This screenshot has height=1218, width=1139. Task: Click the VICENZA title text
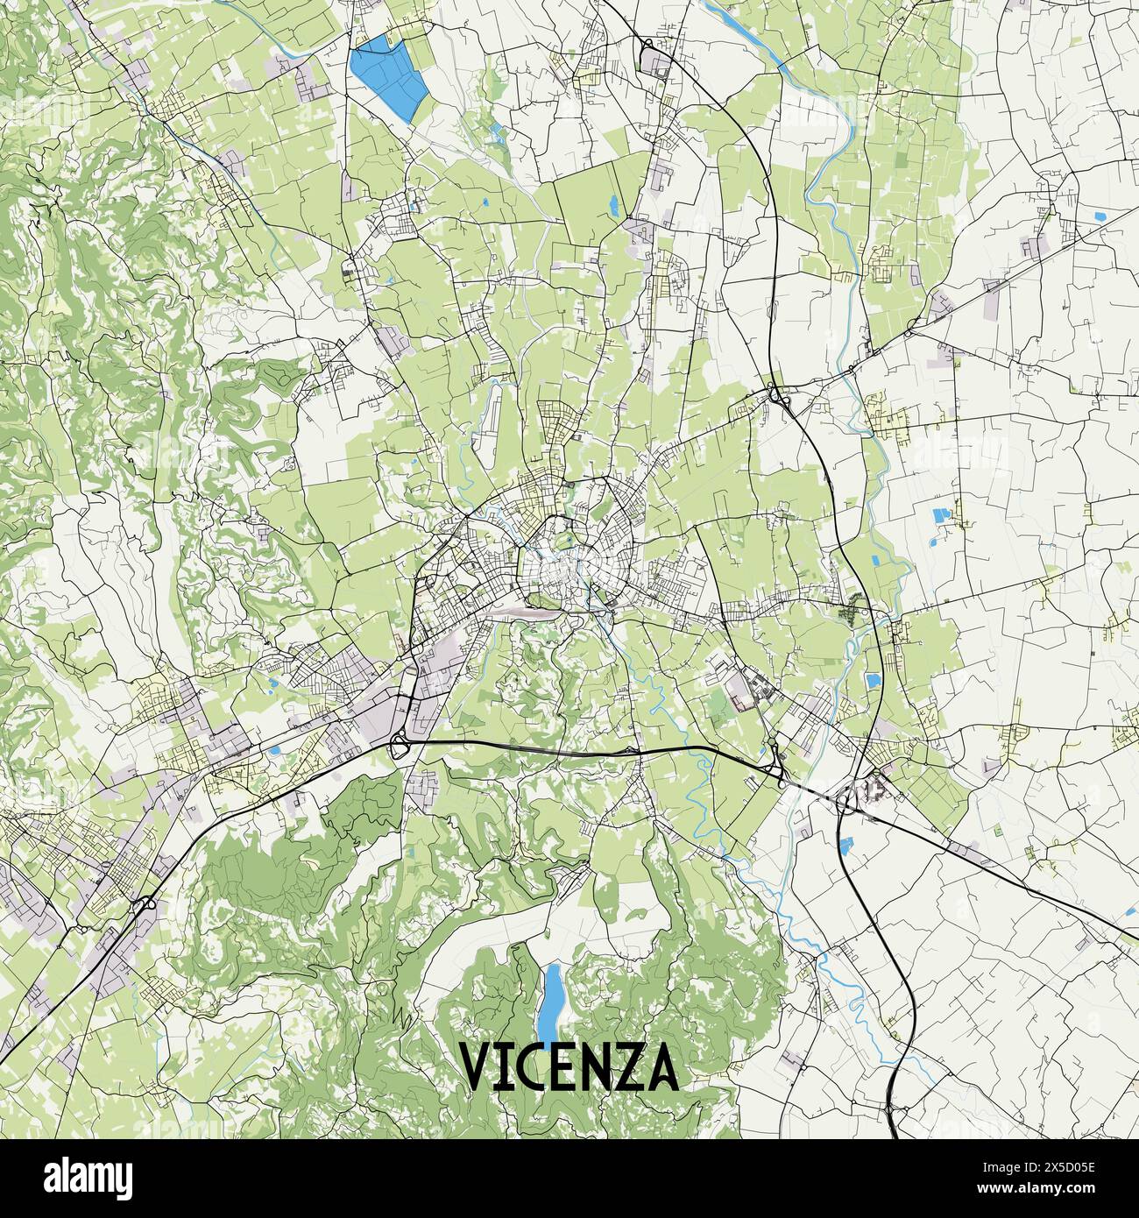pos(569,1066)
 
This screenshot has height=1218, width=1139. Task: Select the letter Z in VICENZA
pos(626,1066)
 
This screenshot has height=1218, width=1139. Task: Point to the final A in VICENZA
pos(662,1066)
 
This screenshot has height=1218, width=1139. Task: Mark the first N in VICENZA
pos(593,1066)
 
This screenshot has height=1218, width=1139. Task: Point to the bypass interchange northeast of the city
pos(778,396)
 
